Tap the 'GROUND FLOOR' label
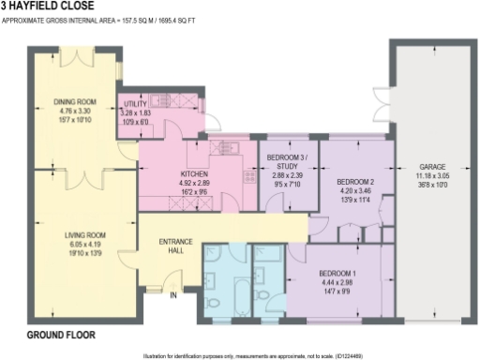(59, 335)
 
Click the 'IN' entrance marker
(173, 296)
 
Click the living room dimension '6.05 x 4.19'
(83, 246)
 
